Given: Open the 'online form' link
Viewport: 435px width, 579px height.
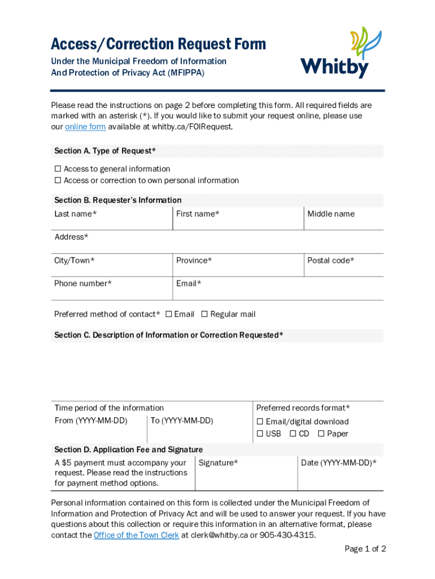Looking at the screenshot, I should (85, 127).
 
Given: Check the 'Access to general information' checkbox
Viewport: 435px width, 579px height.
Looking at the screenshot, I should (58, 169).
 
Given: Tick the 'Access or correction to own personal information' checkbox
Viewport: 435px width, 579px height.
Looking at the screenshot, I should (58, 181).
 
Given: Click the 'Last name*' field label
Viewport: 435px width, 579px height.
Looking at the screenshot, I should (75, 214).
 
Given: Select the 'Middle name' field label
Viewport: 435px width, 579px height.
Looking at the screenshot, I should (330, 214).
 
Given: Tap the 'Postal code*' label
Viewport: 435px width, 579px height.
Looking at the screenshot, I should (330, 261).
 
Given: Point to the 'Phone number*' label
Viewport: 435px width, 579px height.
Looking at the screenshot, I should (82, 283).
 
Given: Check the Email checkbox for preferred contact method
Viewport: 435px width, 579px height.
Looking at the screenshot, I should (168, 314).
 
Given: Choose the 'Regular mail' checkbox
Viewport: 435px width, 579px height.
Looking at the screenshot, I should (205, 314).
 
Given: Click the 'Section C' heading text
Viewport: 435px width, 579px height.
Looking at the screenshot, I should (168, 335).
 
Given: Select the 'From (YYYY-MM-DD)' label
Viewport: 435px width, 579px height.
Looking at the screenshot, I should (90, 421).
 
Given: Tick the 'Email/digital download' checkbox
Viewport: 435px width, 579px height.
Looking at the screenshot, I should (260, 422).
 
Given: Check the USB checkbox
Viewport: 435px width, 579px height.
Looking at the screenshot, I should (260, 434).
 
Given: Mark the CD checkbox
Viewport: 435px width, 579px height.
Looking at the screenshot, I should (293, 434).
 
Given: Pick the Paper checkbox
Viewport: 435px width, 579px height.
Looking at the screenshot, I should (321, 434).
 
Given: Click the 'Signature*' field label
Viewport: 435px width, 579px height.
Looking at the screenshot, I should (218, 463).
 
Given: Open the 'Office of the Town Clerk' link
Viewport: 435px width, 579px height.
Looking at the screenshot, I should (136, 535).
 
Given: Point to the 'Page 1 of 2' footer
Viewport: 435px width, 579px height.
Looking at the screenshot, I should (365, 549).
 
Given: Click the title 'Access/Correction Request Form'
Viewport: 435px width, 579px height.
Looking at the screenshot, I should (158, 44).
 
